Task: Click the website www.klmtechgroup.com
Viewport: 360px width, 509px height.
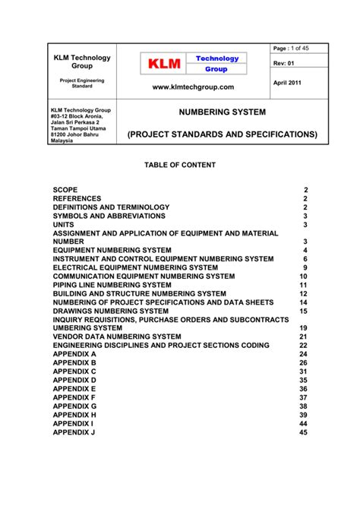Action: click(x=194, y=87)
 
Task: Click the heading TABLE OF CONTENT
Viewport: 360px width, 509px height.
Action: click(x=180, y=165)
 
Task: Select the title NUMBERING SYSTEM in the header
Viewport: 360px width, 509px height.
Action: click(x=222, y=112)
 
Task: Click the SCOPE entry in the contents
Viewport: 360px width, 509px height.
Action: click(x=65, y=188)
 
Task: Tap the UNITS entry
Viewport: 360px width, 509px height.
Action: click(x=64, y=225)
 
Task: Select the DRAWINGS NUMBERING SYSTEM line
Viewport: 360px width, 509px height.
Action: click(x=110, y=311)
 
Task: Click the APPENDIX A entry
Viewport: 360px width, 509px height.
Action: click(x=74, y=354)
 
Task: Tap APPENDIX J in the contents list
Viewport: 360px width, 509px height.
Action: click(x=74, y=432)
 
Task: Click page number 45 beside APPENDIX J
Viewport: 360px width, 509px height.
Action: click(x=303, y=432)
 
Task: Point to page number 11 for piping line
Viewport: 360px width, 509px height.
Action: click(x=303, y=285)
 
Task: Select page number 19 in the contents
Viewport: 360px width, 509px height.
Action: click(x=303, y=327)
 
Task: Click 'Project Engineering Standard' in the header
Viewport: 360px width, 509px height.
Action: click(x=84, y=83)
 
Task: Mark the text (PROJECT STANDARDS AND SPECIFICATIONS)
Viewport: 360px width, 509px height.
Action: click(x=222, y=134)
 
